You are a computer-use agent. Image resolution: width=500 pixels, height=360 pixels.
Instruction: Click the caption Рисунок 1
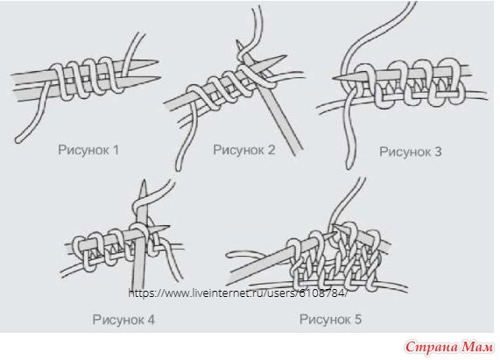tap(88, 150)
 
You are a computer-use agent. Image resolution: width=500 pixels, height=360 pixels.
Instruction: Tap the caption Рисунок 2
tap(244, 150)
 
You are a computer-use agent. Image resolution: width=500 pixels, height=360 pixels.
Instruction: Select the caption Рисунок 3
tap(411, 152)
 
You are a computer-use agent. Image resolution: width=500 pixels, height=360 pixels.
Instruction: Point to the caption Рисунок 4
tap(123, 320)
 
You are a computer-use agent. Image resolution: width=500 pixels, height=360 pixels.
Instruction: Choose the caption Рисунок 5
tap(331, 319)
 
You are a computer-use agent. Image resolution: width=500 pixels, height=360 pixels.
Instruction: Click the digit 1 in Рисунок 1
tap(116, 150)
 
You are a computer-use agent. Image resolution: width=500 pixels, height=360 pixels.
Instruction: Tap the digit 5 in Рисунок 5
tap(358, 319)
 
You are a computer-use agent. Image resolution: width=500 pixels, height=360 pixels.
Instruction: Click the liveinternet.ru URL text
tap(237, 293)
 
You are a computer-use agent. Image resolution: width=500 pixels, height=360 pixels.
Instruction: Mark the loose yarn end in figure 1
tap(18, 139)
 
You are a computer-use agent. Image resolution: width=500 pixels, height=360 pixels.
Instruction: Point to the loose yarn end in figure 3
tap(349, 166)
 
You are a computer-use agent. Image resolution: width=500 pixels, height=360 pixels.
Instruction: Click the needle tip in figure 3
tap(334, 79)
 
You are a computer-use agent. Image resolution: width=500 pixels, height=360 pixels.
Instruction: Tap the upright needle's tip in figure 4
tap(144, 180)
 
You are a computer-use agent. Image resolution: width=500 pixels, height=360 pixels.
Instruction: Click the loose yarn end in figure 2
tap(179, 168)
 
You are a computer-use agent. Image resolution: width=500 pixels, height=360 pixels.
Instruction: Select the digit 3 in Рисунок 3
tap(438, 152)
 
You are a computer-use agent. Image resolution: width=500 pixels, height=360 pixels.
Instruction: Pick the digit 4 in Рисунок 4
tap(151, 320)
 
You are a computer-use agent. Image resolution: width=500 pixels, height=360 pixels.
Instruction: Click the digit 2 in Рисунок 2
tap(271, 150)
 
